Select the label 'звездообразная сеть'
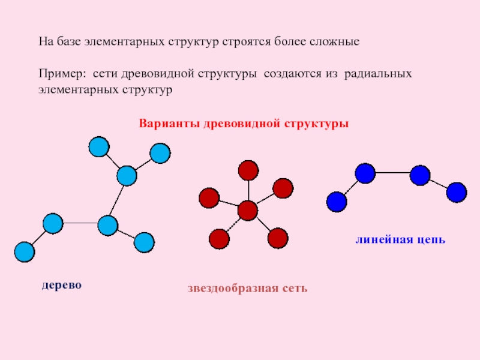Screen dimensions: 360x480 (x=247, y=289)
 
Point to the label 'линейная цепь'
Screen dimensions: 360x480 (x=400, y=240)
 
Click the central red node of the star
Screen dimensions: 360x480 (x=247, y=211)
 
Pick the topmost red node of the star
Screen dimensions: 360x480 (x=248, y=170)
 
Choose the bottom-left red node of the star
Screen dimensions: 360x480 (x=219, y=239)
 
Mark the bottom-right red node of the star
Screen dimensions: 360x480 (x=278, y=238)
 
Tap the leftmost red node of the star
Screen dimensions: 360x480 (x=209, y=197)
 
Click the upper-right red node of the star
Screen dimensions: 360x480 (x=283, y=188)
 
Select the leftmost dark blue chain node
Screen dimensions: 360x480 (x=337, y=202)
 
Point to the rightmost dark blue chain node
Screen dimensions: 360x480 (x=457, y=192)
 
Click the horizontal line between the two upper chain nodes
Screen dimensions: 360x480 (x=392, y=173)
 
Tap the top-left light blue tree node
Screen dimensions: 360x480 (x=98, y=146)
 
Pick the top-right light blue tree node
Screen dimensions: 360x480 (x=160, y=154)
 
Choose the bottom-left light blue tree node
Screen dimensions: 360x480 (x=24, y=252)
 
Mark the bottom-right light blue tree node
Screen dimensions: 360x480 (x=144, y=242)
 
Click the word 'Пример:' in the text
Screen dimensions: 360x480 (x=59, y=73)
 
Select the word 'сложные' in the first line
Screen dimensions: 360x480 (x=337, y=43)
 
